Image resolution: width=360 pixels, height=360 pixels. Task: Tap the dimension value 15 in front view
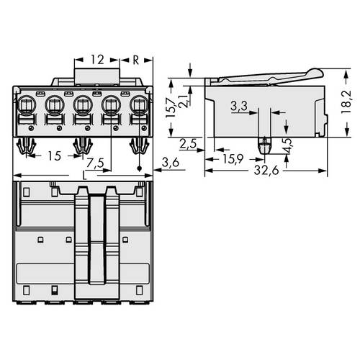[x=53, y=156]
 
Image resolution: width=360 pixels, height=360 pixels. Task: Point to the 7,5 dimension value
[x=106, y=163]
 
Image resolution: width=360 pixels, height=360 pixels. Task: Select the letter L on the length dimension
[x=86, y=176]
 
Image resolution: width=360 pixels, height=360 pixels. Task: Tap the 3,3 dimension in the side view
[x=240, y=107]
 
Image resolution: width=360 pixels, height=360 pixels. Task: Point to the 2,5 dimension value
[x=189, y=143]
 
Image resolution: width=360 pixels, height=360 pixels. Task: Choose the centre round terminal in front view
[x=83, y=108]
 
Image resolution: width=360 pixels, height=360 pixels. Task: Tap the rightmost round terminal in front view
[x=138, y=108]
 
